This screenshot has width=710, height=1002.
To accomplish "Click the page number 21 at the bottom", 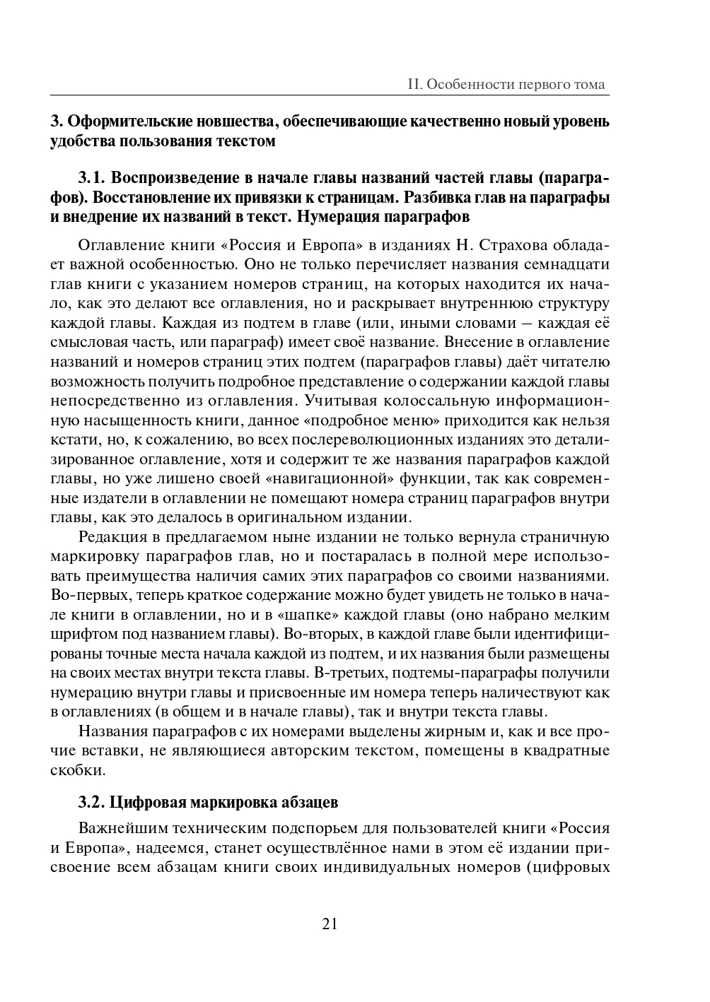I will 330,924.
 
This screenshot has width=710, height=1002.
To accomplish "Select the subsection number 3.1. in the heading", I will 91,177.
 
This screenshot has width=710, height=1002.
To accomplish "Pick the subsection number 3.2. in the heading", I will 91,803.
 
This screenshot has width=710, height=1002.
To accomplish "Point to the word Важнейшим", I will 124,828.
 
